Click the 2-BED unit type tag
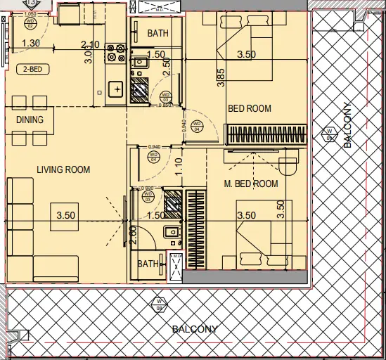pos(31,69)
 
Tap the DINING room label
pos(30,120)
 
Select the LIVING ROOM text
pos(64,169)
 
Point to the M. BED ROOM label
pos(251,184)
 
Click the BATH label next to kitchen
pos(157,34)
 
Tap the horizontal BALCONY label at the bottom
pos(195,329)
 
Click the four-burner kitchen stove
pos(115,53)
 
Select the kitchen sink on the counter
pos(115,89)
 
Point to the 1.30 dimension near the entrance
pos(31,44)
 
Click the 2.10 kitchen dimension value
pos(90,44)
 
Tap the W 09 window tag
pos(328,132)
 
